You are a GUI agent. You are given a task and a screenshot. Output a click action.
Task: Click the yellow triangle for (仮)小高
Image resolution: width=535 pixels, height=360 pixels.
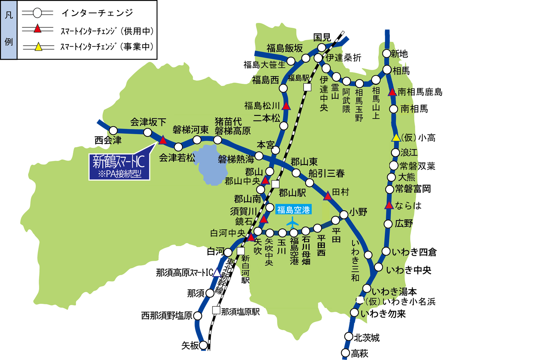(396, 138)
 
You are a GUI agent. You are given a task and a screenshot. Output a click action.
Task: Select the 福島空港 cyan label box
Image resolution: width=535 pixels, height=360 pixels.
(294, 210)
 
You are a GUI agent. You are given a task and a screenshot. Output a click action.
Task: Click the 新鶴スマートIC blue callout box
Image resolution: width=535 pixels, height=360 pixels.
(119, 167)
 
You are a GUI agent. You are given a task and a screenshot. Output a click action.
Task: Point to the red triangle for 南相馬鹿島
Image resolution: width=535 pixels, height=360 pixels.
(392, 92)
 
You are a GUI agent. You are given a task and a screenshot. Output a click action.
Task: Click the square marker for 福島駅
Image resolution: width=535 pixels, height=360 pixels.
(308, 87)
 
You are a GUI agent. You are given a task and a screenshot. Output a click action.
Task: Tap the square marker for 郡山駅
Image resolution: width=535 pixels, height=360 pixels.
(276, 184)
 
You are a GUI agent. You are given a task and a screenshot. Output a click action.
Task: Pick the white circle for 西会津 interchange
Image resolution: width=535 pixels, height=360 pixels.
(113, 130)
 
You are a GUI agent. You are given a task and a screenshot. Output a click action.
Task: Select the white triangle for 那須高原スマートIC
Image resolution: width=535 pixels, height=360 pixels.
(217, 272)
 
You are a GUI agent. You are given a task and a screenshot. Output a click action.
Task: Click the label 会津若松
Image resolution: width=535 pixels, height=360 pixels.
(177, 158)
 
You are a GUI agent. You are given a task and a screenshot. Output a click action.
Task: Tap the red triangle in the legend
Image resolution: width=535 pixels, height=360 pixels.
(38, 29)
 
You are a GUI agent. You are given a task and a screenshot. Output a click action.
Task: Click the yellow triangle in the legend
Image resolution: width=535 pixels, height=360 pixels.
(38, 47)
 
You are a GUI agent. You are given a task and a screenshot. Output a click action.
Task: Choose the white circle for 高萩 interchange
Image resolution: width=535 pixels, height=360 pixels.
(345, 352)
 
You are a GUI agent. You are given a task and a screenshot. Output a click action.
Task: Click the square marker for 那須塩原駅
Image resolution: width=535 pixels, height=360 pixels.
(216, 310)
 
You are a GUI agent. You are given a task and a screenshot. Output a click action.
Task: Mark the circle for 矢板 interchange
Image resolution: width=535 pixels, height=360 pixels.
(203, 345)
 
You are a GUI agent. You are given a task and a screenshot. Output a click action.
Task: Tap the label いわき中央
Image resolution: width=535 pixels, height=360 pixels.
(409, 270)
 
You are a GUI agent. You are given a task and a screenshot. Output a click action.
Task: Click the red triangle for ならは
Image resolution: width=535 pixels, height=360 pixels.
(389, 205)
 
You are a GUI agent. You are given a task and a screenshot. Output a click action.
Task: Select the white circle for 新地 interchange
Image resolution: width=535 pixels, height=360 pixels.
(387, 54)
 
